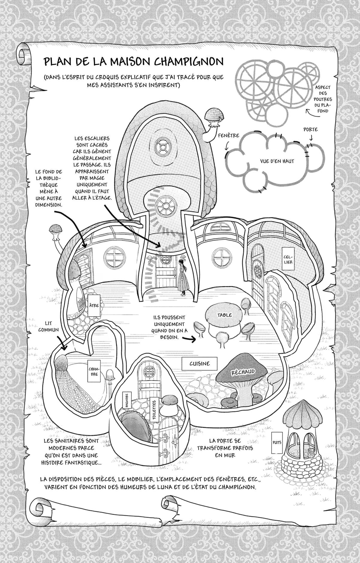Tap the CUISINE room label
tap(199, 363)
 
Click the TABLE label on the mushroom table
tap(225, 315)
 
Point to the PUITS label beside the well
tap(277, 442)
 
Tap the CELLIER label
tap(289, 259)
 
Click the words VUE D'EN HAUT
tap(277, 161)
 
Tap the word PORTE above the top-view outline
tap(310, 130)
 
